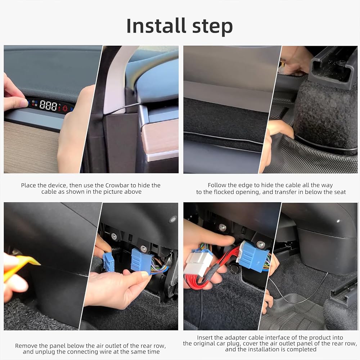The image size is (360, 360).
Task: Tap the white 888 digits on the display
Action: (x=48, y=105)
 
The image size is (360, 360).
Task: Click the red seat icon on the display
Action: (x=65, y=108)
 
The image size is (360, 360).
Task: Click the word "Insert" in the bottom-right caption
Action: (x=204, y=338)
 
